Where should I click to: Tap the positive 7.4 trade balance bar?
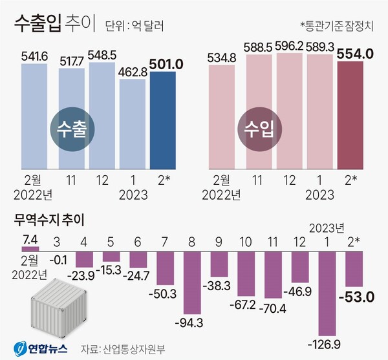(30, 248)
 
